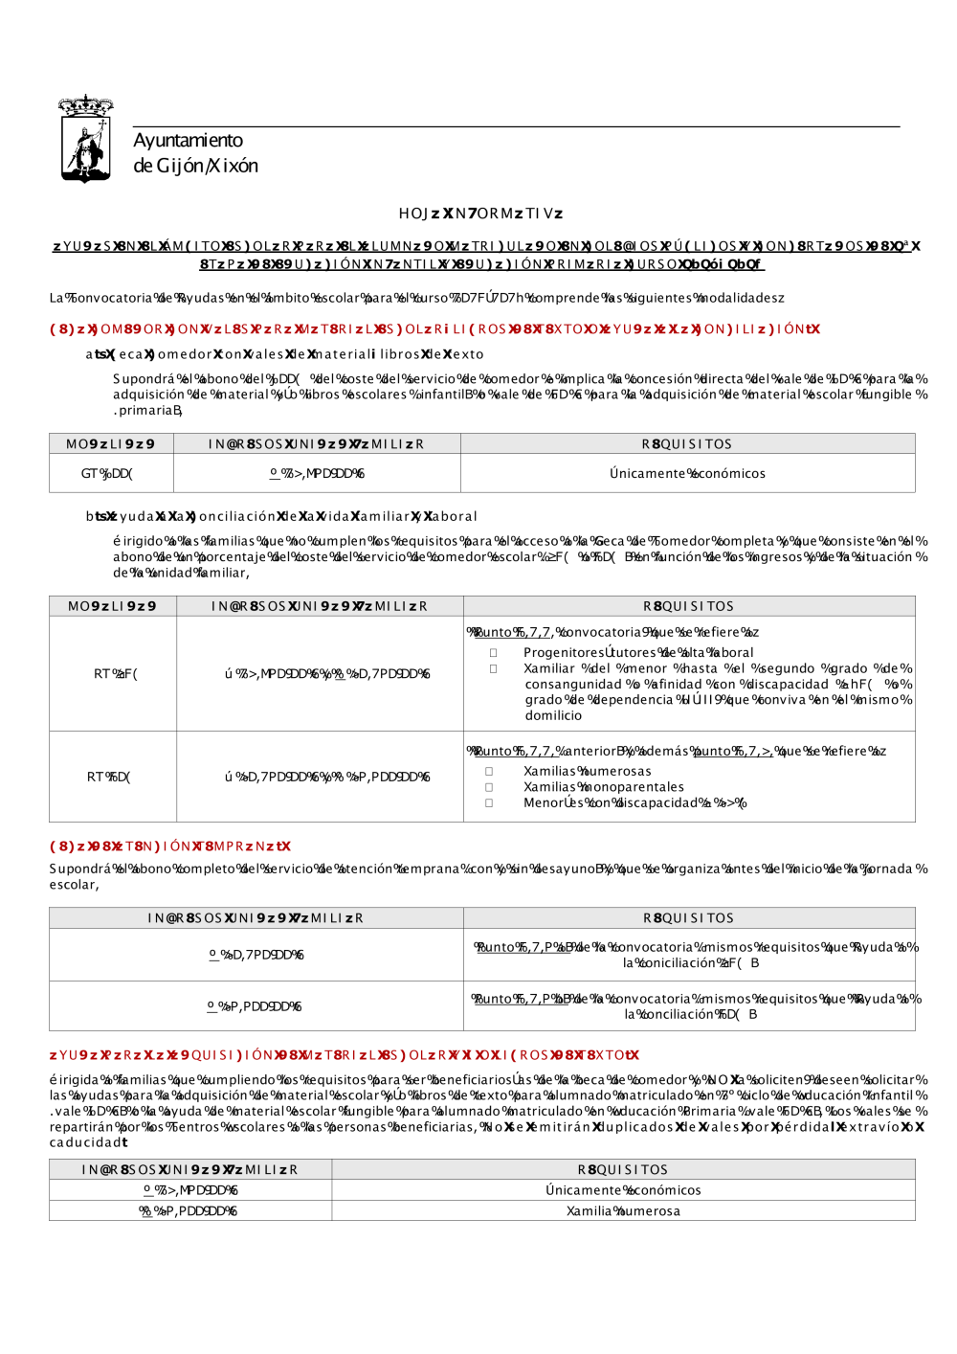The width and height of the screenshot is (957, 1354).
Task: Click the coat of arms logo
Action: pyautogui.click(x=86, y=139)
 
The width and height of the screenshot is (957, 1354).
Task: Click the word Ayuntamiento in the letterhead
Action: pyautogui.click(x=188, y=141)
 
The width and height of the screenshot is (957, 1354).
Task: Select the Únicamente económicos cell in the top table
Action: pyautogui.click(x=687, y=473)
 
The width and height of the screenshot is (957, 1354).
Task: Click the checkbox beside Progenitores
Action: pyautogui.click(x=494, y=652)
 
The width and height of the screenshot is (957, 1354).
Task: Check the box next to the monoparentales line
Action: pyautogui.click(x=489, y=787)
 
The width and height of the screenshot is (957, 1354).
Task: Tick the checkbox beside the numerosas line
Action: pyautogui.click(x=489, y=771)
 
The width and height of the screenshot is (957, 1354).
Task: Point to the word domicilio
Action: pyautogui.click(x=553, y=715)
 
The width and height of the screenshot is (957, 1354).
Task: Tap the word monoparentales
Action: pyautogui.click(x=636, y=787)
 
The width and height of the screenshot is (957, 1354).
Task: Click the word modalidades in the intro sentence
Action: pyautogui.click(x=735, y=298)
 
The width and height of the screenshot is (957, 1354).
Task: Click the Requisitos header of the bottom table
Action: pyautogui.click(x=623, y=1169)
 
